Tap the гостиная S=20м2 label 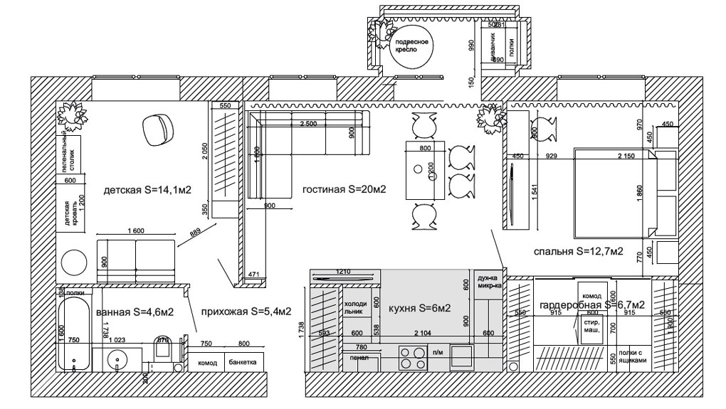coord(344,190)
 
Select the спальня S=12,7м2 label coord(578,251)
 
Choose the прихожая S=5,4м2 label coord(246,312)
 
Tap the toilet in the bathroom coord(162,349)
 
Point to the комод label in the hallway coord(207,363)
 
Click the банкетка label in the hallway coord(243,363)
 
